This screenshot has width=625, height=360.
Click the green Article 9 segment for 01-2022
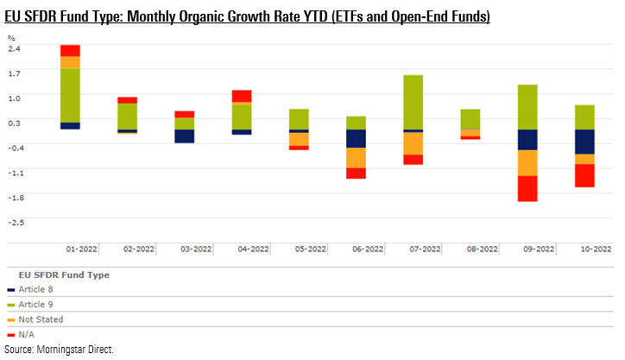click(70, 95)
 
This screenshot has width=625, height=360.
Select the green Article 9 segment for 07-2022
click(413, 102)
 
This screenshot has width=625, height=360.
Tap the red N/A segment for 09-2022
click(527, 188)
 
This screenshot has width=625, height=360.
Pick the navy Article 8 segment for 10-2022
click(584, 142)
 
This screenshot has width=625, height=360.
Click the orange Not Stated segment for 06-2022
click(356, 157)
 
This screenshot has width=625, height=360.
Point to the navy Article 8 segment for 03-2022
click(184, 136)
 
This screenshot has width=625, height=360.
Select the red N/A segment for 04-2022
click(242, 97)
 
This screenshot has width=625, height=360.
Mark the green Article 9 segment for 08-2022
click(470, 119)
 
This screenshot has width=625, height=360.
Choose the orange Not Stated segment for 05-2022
click(299, 139)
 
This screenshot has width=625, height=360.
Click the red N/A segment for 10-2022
click(584, 175)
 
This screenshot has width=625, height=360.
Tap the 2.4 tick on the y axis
click(13, 48)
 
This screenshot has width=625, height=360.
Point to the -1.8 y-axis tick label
click(14, 197)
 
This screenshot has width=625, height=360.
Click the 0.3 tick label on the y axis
click(13, 123)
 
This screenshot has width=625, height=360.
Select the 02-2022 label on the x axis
click(139, 249)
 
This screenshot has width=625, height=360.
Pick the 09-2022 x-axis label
click(539, 249)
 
